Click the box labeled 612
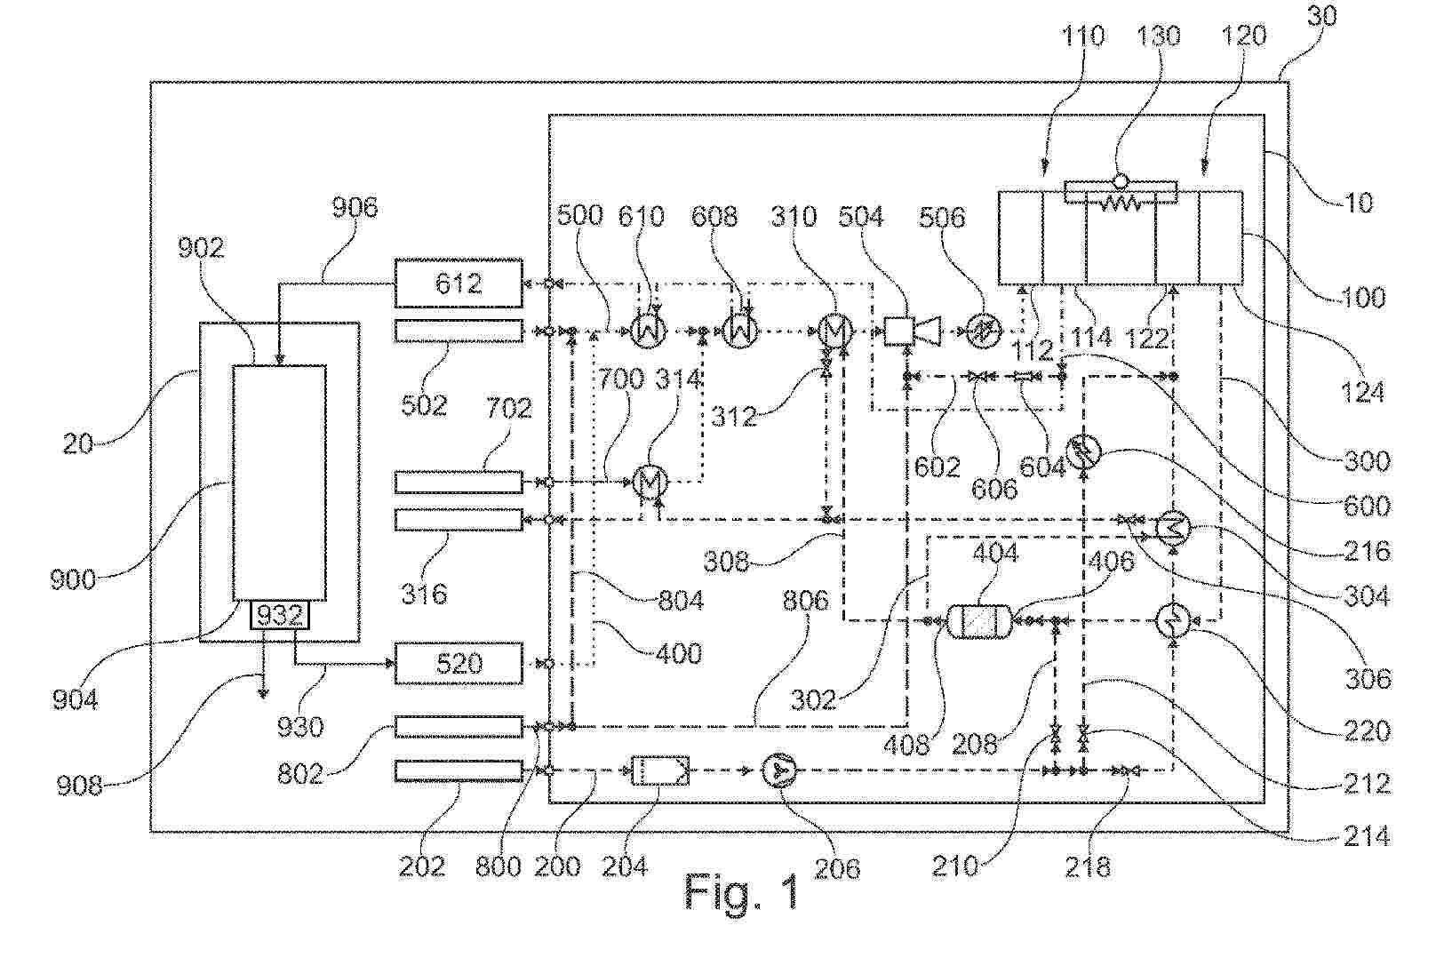tap(459, 283)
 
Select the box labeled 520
tap(459, 664)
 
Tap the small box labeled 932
tap(280, 615)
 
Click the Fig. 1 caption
tap(742, 891)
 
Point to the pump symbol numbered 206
tap(780, 770)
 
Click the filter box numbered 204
tap(659, 770)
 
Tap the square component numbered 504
tap(898, 331)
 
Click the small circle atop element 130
tap(1121, 180)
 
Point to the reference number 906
tap(355, 208)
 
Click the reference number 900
tap(73, 579)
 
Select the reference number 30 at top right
tap(1321, 17)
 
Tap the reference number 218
tap(1088, 866)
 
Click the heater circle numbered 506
tap(983, 332)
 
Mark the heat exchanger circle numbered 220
tap(1174, 620)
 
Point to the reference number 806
tap(805, 601)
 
